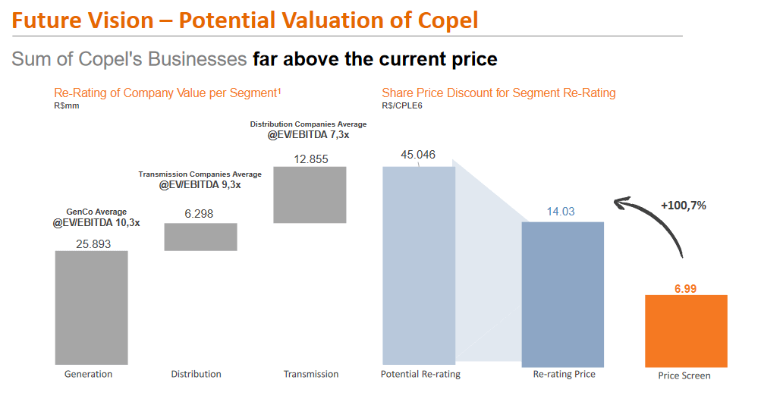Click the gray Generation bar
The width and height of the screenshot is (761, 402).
(x=91, y=308)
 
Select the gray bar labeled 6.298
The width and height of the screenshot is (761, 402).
(x=200, y=237)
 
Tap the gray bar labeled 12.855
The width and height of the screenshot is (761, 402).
(x=310, y=194)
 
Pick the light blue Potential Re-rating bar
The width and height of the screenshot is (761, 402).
(x=418, y=265)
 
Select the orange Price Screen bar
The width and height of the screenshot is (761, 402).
(x=685, y=331)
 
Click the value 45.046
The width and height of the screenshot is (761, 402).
(x=418, y=155)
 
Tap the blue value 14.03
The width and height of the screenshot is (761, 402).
(x=562, y=212)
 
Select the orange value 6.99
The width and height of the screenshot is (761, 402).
(x=685, y=288)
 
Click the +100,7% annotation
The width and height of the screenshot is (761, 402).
(x=684, y=206)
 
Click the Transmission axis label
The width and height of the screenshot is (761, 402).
(x=311, y=374)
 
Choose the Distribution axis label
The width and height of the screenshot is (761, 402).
(x=196, y=374)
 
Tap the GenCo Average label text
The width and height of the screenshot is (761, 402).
(x=96, y=212)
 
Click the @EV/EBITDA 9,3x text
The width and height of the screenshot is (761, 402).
(x=200, y=185)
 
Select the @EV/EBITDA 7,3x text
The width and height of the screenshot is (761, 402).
(x=308, y=135)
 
